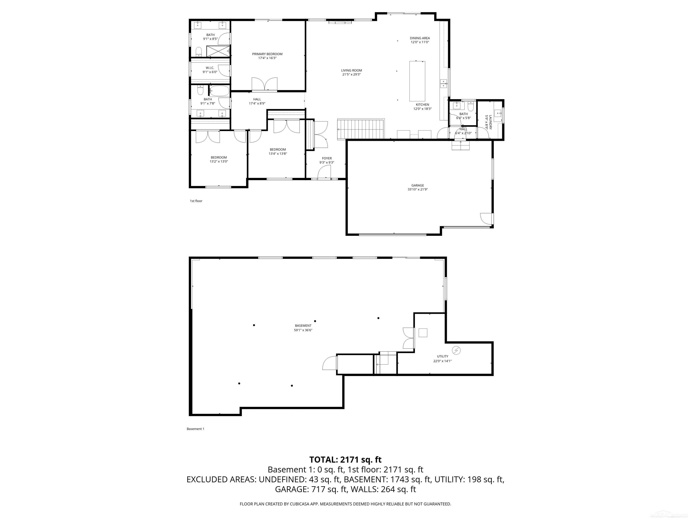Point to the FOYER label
[327, 158]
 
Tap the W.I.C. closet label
[210, 68]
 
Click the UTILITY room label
[442, 356]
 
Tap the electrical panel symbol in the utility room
[456, 350]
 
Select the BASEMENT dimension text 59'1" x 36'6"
[303, 330]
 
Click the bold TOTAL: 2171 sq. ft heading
[345, 460]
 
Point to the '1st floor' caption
[196, 201]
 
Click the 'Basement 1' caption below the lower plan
[195, 429]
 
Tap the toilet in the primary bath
[199, 51]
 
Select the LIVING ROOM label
[351, 71]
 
